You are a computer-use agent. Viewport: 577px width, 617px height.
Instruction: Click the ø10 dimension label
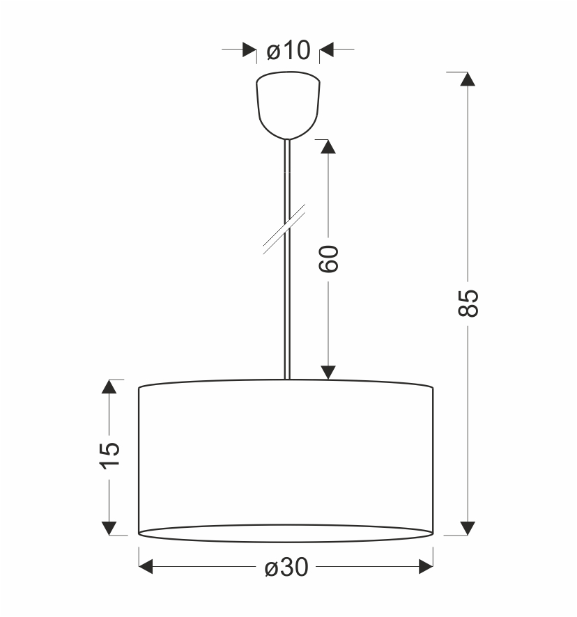tap(288, 50)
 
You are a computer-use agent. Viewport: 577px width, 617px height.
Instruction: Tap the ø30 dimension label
tap(286, 568)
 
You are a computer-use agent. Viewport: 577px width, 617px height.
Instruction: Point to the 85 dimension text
tap(469, 303)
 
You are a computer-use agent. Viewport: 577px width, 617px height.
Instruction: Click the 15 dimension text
tap(110, 456)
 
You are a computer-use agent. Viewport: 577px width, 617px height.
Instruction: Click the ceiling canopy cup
tap(288, 104)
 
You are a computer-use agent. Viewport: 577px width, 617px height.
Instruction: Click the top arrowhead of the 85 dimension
tap(468, 78)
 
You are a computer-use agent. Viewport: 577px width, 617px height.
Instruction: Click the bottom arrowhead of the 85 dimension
tap(468, 527)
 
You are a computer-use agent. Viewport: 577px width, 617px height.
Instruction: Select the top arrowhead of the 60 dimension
tap(328, 146)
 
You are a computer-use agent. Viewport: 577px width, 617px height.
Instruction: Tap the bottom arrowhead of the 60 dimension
tap(328, 373)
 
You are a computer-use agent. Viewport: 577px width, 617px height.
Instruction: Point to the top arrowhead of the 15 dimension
tap(109, 387)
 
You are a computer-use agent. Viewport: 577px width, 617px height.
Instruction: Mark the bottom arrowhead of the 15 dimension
tap(109, 527)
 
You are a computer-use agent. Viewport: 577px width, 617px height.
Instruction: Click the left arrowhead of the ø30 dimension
tap(146, 568)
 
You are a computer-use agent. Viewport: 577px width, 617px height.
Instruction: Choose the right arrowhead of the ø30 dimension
tap(426, 568)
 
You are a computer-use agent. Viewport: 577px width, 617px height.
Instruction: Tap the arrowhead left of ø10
tap(249, 50)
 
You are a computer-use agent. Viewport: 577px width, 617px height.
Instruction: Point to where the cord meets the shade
tap(286, 378)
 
